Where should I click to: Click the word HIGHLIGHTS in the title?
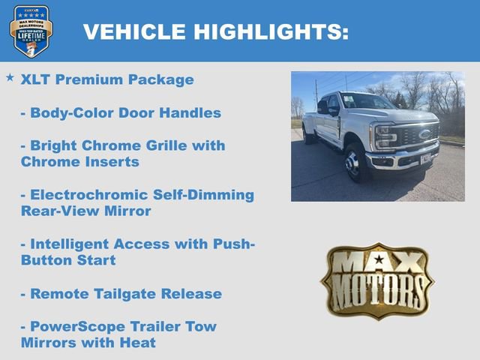271,31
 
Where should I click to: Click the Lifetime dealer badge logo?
31,31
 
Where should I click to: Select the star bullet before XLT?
10,77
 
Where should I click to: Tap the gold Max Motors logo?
377,280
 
